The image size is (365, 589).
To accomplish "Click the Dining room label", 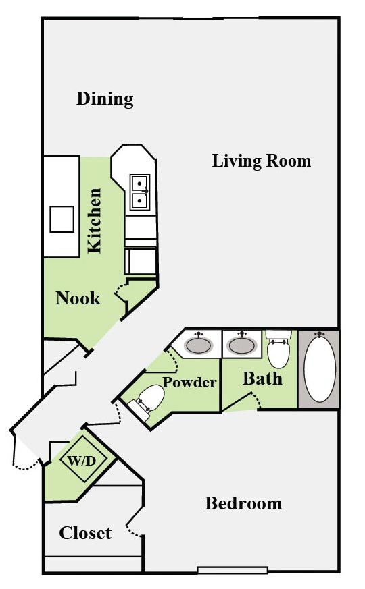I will tap(105, 99).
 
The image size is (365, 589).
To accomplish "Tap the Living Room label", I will tap(262, 161).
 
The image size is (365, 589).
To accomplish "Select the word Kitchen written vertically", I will tap(95, 221).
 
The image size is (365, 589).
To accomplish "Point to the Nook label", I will tap(78, 298).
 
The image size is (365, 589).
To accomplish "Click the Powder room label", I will tap(190, 383).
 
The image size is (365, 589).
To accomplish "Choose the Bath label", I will tap(262, 378).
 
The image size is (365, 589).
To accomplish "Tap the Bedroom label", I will tap(243, 503).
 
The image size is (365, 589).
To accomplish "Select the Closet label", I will tap(85, 533).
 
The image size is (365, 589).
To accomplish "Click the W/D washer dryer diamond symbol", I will tap(80, 462).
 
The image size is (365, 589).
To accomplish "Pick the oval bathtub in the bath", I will tap(320, 368).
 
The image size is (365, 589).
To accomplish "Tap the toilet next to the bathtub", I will tap(278, 349).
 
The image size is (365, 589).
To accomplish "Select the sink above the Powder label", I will tap(197, 345).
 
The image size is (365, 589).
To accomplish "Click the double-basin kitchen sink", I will tap(140, 191).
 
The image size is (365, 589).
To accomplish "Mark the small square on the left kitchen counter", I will tap(62, 219).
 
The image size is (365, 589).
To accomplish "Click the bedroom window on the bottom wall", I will tap(232, 570).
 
